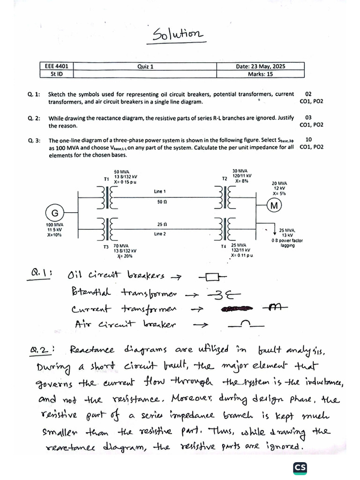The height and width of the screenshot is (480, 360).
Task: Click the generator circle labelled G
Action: coord(55,213)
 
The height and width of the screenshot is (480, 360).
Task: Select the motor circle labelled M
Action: coord(275,206)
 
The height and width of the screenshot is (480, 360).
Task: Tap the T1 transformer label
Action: coord(106,179)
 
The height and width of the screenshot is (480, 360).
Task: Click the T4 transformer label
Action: coord(224,246)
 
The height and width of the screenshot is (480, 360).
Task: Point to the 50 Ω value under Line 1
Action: coord(160,202)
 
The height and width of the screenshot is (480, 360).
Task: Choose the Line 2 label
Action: coord(160,233)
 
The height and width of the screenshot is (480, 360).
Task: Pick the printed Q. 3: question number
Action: coord(34,140)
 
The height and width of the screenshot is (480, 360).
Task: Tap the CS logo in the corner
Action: coord(300,467)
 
